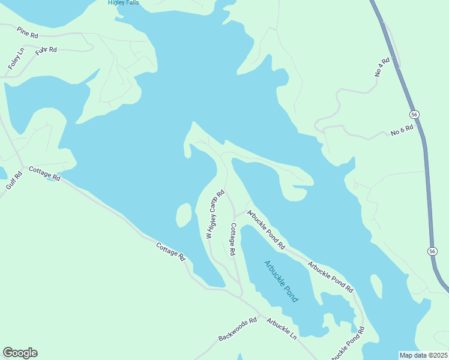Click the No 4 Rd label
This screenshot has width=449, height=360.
click(382, 67)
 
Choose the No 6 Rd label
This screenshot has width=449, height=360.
click(402, 130)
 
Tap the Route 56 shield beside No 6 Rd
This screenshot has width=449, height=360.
click(414, 114)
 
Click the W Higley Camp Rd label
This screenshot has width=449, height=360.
click(214, 215)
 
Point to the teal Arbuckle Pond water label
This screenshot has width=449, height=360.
click(281, 281)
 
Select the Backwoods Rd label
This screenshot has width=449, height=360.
click(237, 329)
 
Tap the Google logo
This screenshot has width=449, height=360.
click(20, 353)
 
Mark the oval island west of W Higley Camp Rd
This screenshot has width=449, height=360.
click(184, 215)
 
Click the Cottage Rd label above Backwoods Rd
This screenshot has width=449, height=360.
click(170, 251)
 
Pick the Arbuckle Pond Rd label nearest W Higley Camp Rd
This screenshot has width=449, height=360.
click(265, 230)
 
